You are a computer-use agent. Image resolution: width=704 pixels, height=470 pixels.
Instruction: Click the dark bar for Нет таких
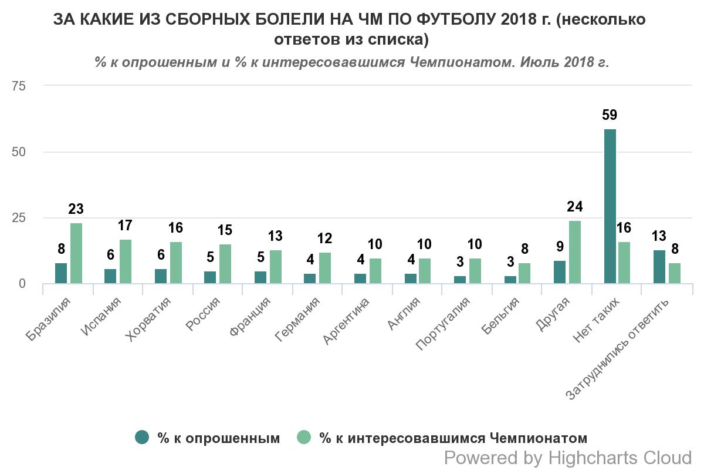click(610, 206)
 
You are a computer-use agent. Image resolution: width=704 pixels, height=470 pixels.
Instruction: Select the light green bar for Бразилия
click(76, 253)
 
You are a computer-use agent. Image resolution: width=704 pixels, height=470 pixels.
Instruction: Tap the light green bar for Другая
click(575, 252)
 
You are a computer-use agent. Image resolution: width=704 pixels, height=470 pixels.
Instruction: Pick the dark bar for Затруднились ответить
click(659, 267)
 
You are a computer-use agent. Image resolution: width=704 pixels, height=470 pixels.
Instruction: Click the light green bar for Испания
click(126, 261)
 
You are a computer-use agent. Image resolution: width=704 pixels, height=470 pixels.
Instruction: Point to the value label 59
click(610, 115)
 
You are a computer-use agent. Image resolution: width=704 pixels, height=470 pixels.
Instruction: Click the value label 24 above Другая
click(575, 207)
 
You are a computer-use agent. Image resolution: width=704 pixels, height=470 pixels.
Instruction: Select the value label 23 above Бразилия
click(76, 209)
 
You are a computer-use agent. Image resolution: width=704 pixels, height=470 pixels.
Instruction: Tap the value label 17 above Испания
click(126, 225)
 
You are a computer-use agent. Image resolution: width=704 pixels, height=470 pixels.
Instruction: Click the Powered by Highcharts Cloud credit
click(568, 458)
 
